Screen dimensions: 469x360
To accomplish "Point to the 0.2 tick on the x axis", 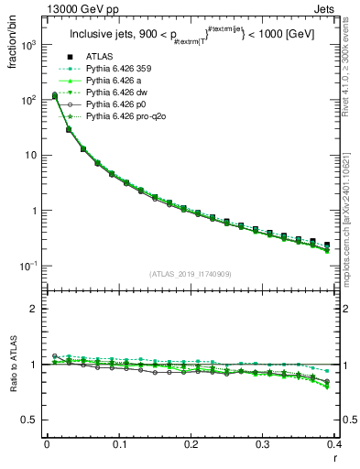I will click(x=191, y=444).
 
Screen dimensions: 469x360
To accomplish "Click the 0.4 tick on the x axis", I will click(x=335, y=444).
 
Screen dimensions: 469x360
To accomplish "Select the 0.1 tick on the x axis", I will click(x=119, y=444).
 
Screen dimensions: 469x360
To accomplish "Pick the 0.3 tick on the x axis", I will click(x=263, y=444).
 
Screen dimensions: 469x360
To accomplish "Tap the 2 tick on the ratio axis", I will click(x=36, y=309).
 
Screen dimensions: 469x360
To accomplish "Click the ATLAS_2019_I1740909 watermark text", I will click(x=191, y=274).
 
